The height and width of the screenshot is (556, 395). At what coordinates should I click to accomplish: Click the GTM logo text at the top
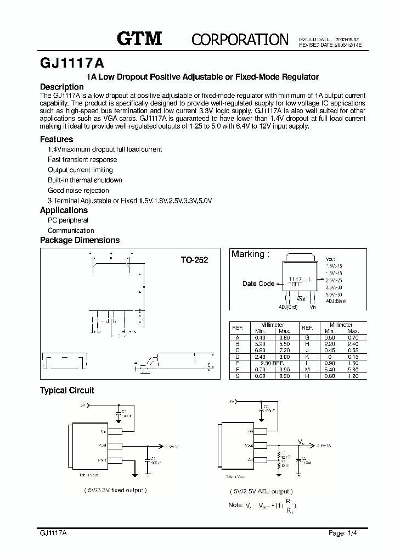[139, 38]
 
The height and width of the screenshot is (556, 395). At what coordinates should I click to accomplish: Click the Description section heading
[62, 87]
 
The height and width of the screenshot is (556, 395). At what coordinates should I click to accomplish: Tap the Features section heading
[57, 140]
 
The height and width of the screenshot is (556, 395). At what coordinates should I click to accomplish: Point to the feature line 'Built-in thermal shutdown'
[84, 180]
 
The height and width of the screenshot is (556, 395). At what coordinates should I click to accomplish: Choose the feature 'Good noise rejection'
[78, 191]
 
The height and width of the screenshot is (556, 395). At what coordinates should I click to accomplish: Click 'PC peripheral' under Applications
[67, 220]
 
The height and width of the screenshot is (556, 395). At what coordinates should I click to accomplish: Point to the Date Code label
[258, 283]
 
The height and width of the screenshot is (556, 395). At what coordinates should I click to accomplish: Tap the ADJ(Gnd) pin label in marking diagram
[287, 307]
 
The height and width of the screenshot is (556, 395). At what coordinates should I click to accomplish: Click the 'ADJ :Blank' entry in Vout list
[336, 301]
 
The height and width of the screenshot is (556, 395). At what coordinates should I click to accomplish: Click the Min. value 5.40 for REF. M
[329, 370]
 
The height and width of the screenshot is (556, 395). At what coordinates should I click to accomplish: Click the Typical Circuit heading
[67, 391]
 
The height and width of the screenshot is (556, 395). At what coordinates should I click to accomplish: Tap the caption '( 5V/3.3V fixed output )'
[115, 490]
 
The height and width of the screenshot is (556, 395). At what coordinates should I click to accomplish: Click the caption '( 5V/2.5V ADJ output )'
[261, 492]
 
